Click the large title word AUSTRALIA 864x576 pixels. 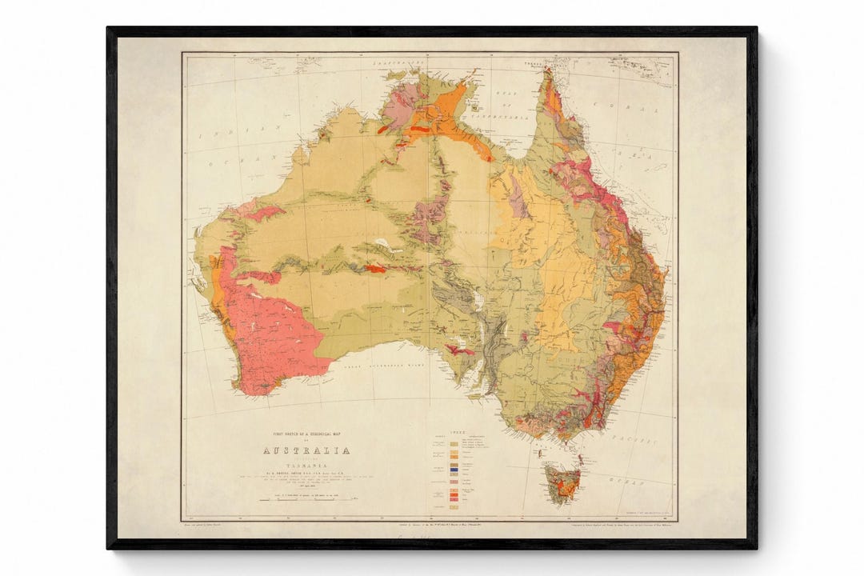tap(306, 450)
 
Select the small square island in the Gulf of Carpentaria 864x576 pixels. tap(478, 104)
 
